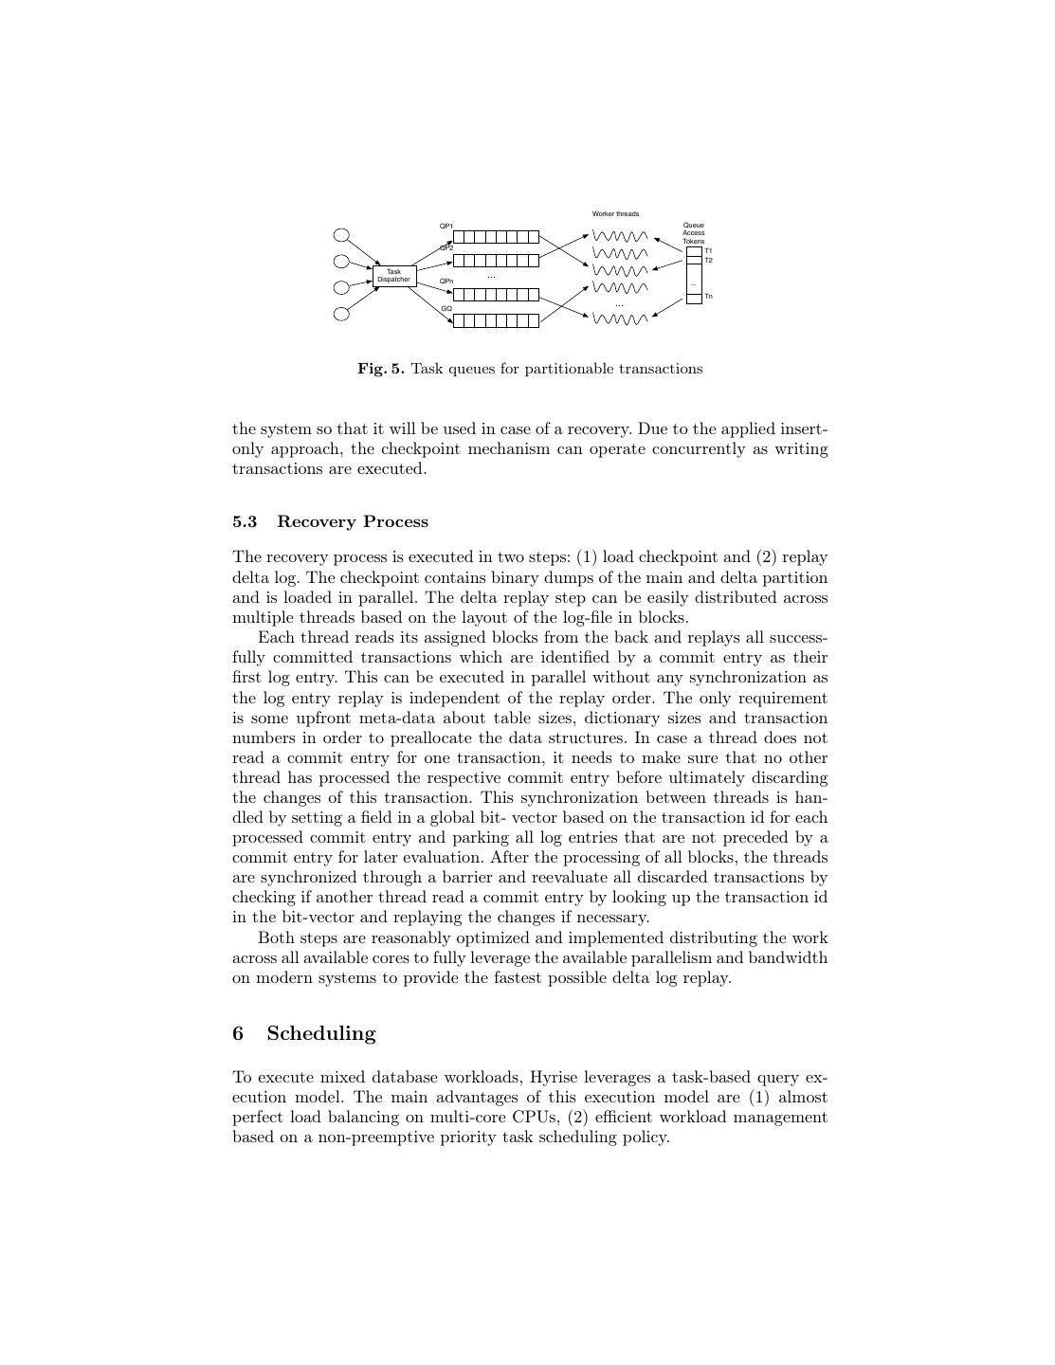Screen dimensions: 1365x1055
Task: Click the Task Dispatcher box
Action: [x=393, y=276]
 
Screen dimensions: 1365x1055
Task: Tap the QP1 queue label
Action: [x=446, y=227]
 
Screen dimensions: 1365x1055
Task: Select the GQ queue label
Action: [x=446, y=309]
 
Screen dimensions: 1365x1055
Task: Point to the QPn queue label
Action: [x=446, y=282]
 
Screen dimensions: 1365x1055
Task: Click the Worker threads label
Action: [x=615, y=214]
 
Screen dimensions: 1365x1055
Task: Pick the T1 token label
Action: [x=708, y=251]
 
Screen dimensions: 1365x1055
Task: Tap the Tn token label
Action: [x=708, y=297]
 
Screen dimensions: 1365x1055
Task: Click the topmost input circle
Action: [x=341, y=235]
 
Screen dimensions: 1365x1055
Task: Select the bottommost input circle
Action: [x=341, y=314]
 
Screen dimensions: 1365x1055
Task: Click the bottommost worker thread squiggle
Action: [x=620, y=319]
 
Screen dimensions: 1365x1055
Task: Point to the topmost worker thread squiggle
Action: [x=620, y=236]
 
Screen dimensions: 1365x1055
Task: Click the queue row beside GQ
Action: [x=496, y=320]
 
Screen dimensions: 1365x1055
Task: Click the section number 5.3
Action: [x=245, y=522]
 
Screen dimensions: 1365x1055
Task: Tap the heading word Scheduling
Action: [x=320, y=1034]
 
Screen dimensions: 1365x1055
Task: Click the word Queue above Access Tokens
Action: [x=694, y=226]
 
